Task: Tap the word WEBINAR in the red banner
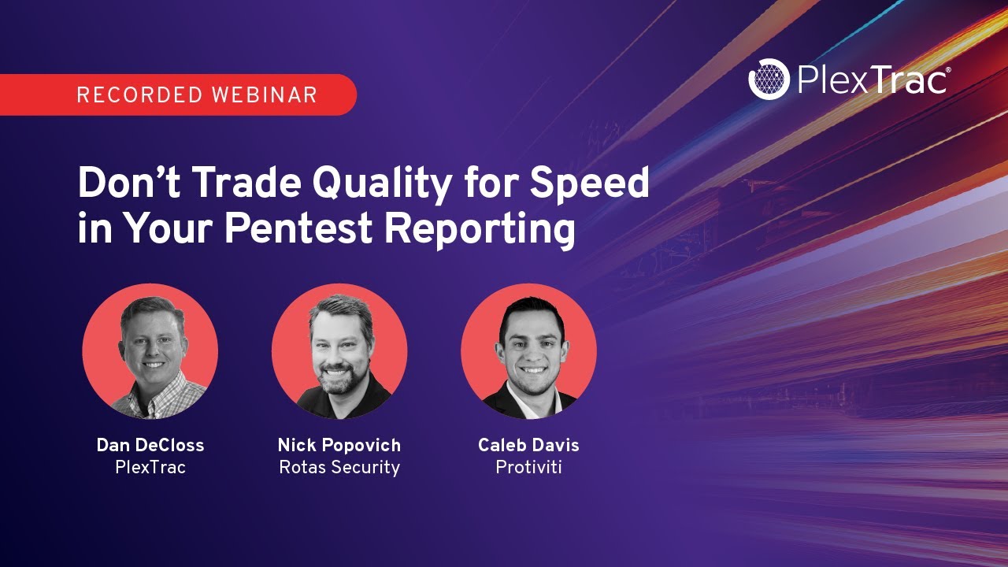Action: tap(264, 95)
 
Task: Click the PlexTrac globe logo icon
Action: tap(769, 80)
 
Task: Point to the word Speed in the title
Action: tap(590, 184)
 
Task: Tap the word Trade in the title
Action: tap(246, 184)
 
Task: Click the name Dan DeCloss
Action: tap(150, 445)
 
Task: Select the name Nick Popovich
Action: tap(339, 445)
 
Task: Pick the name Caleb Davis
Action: tap(528, 445)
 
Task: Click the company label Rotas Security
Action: tap(339, 467)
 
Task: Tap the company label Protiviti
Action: tap(528, 467)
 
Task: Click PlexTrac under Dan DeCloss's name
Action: tap(150, 467)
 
